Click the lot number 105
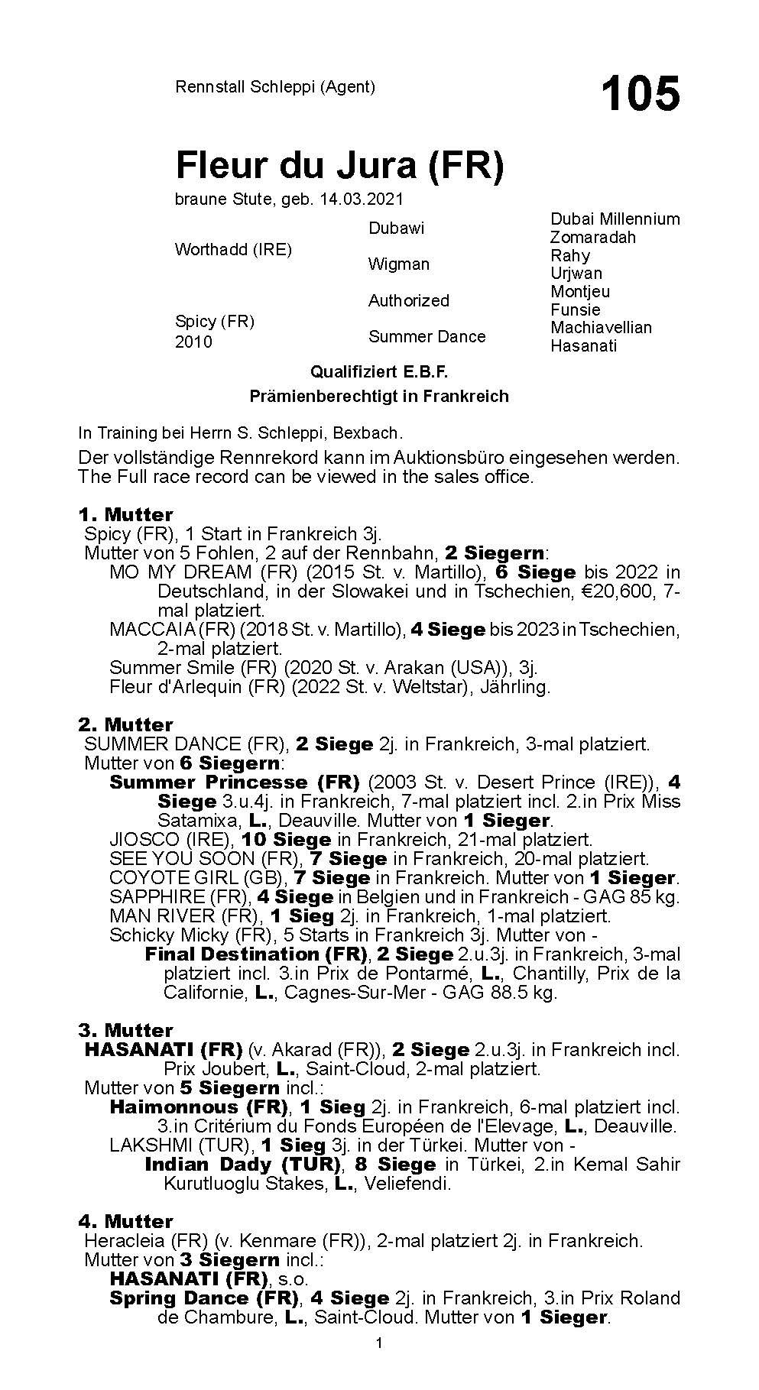(x=640, y=95)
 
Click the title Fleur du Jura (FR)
(x=339, y=166)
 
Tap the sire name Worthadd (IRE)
(x=233, y=250)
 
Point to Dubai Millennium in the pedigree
(x=615, y=219)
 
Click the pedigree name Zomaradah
(x=592, y=238)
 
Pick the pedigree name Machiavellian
(x=601, y=328)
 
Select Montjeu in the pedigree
(x=580, y=292)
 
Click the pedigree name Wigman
(x=398, y=264)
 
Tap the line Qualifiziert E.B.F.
(x=378, y=372)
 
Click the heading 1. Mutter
(x=125, y=514)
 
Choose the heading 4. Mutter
(x=125, y=1221)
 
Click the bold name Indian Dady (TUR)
(x=242, y=1165)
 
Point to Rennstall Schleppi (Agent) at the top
(x=275, y=87)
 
